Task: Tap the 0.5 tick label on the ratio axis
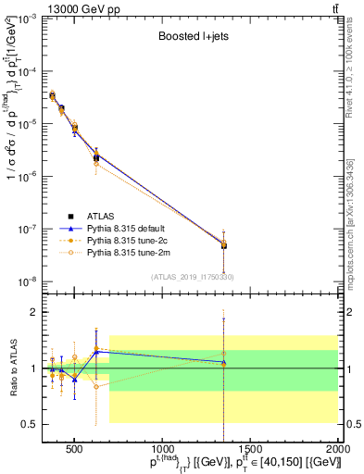[x=28, y=424]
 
